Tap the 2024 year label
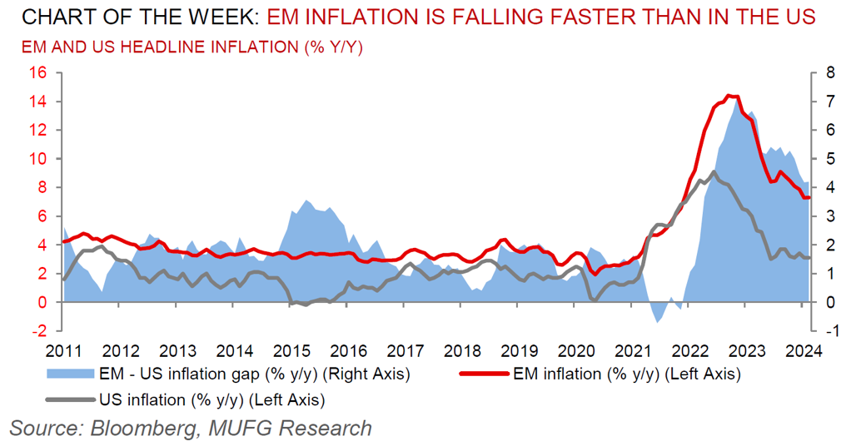click(804, 350)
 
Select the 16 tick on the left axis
click(36, 73)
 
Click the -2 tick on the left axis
click(36, 331)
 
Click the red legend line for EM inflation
click(485, 374)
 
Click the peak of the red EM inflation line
click(729, 95)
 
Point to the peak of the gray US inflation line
click(714, 172)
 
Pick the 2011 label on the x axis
click(64, 350)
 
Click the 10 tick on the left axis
click(36, 159)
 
